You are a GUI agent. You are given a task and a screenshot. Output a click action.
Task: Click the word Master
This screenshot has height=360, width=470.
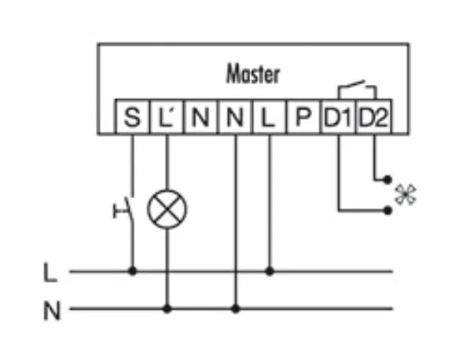coord(253,74)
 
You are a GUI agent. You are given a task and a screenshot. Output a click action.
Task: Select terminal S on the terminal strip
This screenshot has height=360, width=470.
coord(132,116)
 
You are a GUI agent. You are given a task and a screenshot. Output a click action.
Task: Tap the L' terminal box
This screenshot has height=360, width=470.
coord(167,116)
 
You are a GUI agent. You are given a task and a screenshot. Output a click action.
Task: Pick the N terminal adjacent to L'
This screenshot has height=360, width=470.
coord(200,116)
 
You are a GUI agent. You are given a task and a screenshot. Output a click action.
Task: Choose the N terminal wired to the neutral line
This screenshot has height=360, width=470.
coord(235,116)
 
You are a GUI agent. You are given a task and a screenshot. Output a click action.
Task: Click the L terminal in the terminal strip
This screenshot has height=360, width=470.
coord(269,116)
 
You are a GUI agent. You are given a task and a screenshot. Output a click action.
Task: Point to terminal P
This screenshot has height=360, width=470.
coord(303,116)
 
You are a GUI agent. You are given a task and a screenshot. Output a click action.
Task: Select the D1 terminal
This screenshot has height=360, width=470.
coord(338,116)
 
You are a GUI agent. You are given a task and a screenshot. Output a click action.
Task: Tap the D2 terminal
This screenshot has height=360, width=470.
coord(373,116)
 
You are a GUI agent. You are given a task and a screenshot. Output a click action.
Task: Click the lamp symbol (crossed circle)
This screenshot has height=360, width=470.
coord(167,209)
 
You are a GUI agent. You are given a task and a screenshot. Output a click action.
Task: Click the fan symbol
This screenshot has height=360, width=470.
coord(406,195)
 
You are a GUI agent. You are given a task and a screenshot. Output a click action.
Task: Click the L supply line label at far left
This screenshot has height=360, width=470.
coord(50,273)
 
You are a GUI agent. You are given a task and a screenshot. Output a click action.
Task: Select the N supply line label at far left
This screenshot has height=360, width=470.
coord(52,310)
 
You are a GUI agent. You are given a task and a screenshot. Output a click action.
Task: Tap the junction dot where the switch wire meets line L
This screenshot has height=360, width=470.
coord(132,271)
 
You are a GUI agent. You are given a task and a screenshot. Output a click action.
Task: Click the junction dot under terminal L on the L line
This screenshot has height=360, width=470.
coord(270,271)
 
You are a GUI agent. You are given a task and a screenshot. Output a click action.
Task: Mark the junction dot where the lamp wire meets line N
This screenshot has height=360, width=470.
coord(167,308)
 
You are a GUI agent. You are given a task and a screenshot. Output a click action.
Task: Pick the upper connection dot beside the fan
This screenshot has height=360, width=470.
coord(387,179)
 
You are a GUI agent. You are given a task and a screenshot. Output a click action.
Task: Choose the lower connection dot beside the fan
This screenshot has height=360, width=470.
coord(387,211)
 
